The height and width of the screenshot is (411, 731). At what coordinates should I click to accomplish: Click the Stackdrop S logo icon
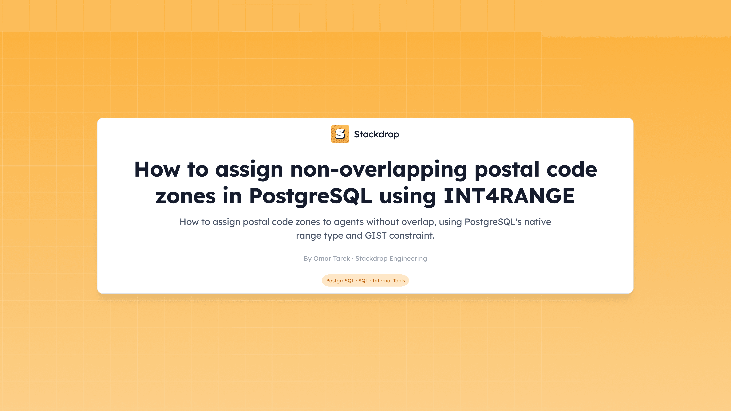click(x=340, y=134)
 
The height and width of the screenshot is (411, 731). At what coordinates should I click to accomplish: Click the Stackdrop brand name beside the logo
click(x=376, y=134)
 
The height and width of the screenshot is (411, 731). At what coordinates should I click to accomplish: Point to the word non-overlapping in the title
click(x=379, y=169)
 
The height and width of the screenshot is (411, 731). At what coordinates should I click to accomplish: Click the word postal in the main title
click(x=507, y=169)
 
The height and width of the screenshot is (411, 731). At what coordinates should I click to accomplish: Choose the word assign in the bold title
click(x=249, y=169)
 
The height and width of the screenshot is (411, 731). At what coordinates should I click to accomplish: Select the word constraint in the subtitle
click(x=412, y=235)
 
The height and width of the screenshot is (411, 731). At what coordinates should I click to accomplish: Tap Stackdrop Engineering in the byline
click(x=391, y=258)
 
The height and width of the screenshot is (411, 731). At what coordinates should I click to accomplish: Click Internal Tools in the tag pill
click(x=389, y=280)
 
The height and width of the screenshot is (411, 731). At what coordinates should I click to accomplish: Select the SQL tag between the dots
click(x=363, y=280)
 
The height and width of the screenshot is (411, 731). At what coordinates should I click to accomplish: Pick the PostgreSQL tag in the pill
click(x=340, y=280)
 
